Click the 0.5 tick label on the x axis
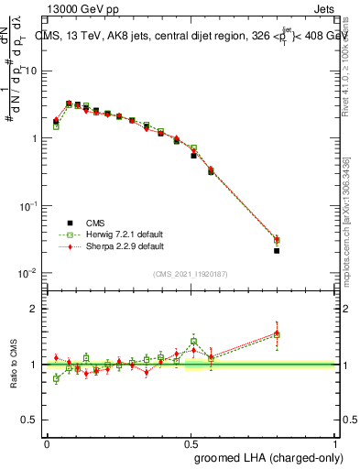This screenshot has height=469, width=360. [191, 442]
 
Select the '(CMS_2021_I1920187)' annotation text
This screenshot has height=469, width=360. [191, 274]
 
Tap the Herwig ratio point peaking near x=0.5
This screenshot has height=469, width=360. [193, 341]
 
